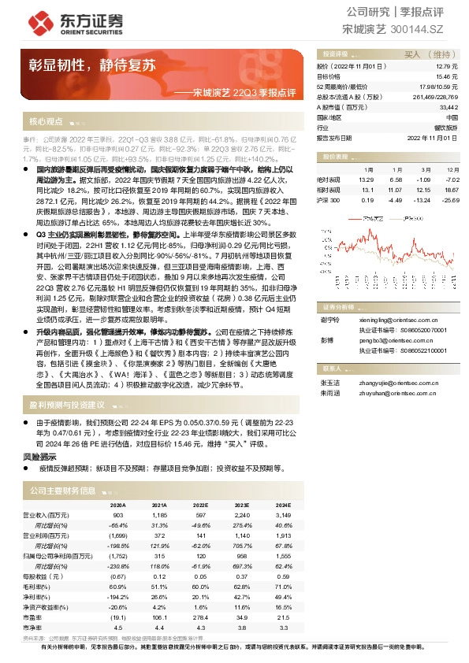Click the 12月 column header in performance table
[x=452, y=169]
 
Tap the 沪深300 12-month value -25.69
[x=449, y=199]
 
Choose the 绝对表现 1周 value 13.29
[x=367, y=179]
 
